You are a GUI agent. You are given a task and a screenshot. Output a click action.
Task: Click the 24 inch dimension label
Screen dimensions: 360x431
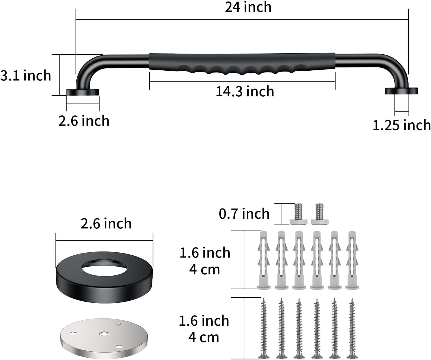click(248, 7)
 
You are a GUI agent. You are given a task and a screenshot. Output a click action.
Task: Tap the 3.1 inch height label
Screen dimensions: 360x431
click(26, 75)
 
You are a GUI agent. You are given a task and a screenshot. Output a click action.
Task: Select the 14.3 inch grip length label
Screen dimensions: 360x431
click(245, 91)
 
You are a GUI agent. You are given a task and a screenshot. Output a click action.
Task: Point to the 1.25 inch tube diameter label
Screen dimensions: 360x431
click(401, 125)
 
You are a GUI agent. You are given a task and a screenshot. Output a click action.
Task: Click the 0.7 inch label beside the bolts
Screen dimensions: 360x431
click(244, 214)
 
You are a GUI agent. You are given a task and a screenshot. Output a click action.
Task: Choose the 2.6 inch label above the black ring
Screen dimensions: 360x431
click(106, 223)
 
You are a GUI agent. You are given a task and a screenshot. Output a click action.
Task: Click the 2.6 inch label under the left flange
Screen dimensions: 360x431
click(84, 121)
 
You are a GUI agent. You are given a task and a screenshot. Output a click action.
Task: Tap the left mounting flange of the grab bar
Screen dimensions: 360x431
click(83, 92)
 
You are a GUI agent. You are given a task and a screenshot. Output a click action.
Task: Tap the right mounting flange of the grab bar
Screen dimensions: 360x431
click(401, 91)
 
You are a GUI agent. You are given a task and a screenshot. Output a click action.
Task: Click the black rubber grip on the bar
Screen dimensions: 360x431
click(242, 63)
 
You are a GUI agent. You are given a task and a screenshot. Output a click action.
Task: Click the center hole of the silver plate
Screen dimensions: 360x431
click(104, 333)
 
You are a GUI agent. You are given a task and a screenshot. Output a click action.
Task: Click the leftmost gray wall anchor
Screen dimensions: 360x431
click(264, 259)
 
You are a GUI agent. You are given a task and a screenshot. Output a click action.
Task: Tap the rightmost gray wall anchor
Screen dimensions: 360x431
click(352, 259)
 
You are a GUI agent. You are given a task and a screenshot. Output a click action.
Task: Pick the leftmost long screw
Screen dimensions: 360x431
click(264, 328)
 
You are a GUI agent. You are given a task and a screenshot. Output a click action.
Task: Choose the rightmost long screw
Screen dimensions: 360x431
click(352, 328)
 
